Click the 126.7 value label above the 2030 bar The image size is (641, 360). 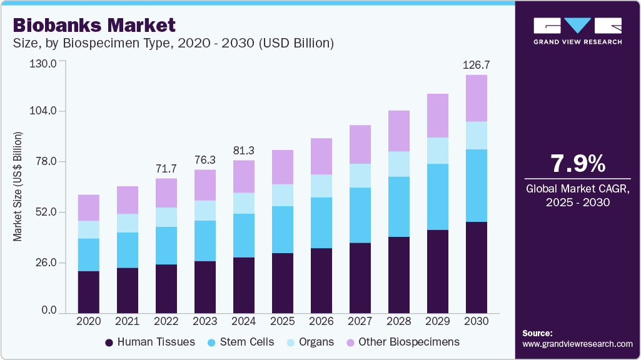point(477,65)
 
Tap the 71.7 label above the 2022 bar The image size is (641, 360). point(166,169)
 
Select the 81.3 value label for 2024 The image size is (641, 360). point(244,151)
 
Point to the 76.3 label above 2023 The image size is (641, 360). point(205,160)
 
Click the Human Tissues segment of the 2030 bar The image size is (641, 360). point(477,267)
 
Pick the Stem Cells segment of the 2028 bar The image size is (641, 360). point(399,207)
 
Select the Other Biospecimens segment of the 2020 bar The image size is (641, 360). point(89,207)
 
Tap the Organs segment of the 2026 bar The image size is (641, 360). point(321,186)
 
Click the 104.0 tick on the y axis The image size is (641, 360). point(44,111)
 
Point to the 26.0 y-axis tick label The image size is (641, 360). point(46,262)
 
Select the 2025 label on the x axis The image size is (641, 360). point(283,321)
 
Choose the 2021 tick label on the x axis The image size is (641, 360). point(128,321)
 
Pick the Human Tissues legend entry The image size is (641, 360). point(150,342)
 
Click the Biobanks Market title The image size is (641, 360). point(94,25)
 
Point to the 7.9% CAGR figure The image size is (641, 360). point(577,164)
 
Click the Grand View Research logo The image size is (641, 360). point(577,30)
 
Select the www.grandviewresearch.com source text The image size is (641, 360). point(577,344)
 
